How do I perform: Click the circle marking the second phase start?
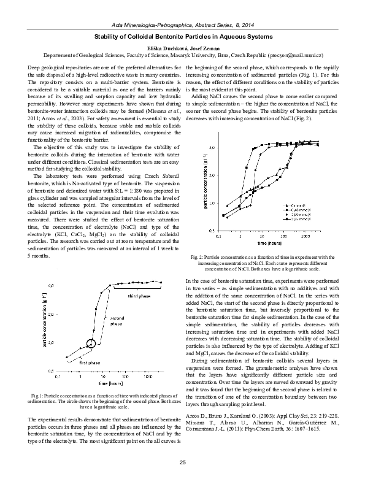click(x=91, y=343)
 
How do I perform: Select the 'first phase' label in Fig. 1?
click(x=90, y=362)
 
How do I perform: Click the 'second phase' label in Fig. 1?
click(x=117, y=320)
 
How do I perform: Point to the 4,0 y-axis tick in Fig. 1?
click(x=52, y=286)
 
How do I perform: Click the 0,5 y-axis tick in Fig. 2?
click(x=212, y=231)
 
